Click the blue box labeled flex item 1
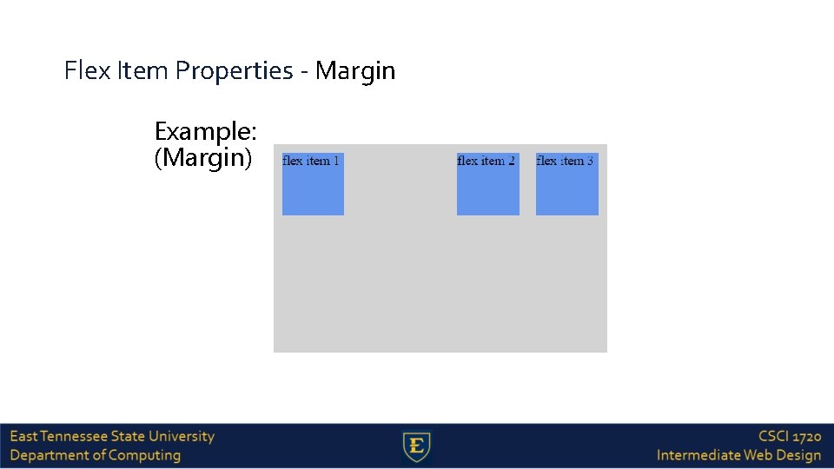pos(313,184)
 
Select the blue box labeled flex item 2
pos(487,184)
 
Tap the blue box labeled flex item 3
pos(566,184)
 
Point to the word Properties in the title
pos(235,71)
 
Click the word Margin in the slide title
pos(355,71)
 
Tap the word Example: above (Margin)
pos(205,132)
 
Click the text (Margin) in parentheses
pos(203,159)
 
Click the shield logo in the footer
pos(417,447)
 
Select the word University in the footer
pos(181,436)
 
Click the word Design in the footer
pos(798,455)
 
